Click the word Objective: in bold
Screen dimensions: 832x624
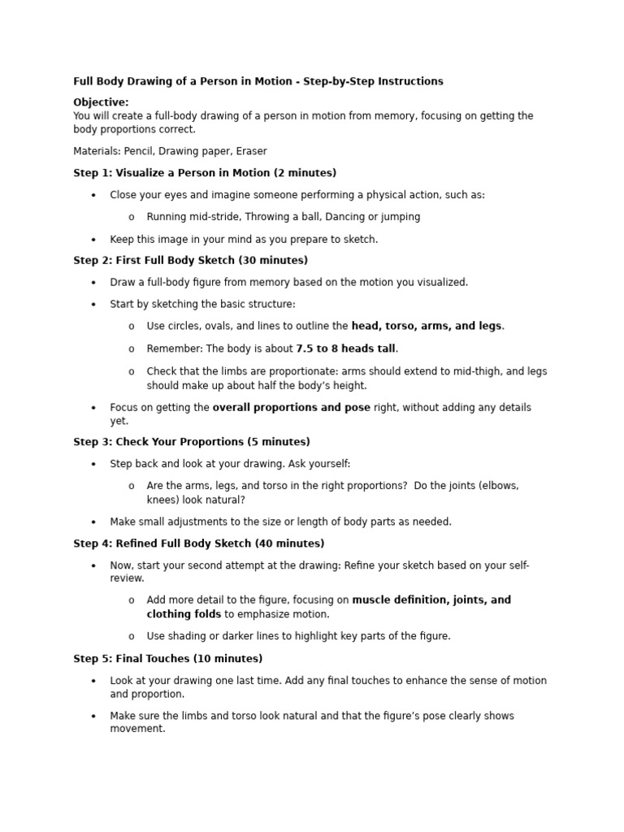[x=101, y=102]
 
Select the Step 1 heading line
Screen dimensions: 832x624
[x=205, y=173]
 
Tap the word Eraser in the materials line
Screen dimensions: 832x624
[x=251, y=151]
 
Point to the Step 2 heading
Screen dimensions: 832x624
[x=190, y=261]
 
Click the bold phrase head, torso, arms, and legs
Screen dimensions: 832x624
[x=427, y=326]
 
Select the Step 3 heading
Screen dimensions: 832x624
[x=191, y=442]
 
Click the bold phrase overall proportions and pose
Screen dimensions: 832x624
[x=291, y=408]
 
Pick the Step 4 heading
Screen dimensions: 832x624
[x=198, y=544]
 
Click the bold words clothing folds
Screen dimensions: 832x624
[x=184, y=614]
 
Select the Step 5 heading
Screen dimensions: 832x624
[x=167, y=659]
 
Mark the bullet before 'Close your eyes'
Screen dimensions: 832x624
[x=93, y=196]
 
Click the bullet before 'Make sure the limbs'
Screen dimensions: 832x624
[x=93, y=717]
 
